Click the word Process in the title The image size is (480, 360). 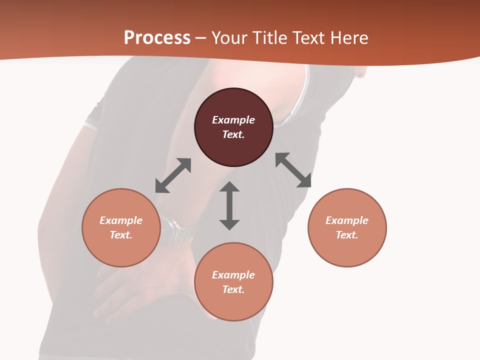(157, 38)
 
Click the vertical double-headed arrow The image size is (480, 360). (229, 205)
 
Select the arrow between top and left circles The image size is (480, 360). (173, 175)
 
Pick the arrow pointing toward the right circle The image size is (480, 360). (293, 170)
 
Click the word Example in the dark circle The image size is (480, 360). (233, 120)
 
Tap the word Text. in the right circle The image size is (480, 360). (347, 235)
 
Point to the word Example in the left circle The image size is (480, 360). (121, 220)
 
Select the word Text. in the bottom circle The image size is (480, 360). (233, 289)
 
